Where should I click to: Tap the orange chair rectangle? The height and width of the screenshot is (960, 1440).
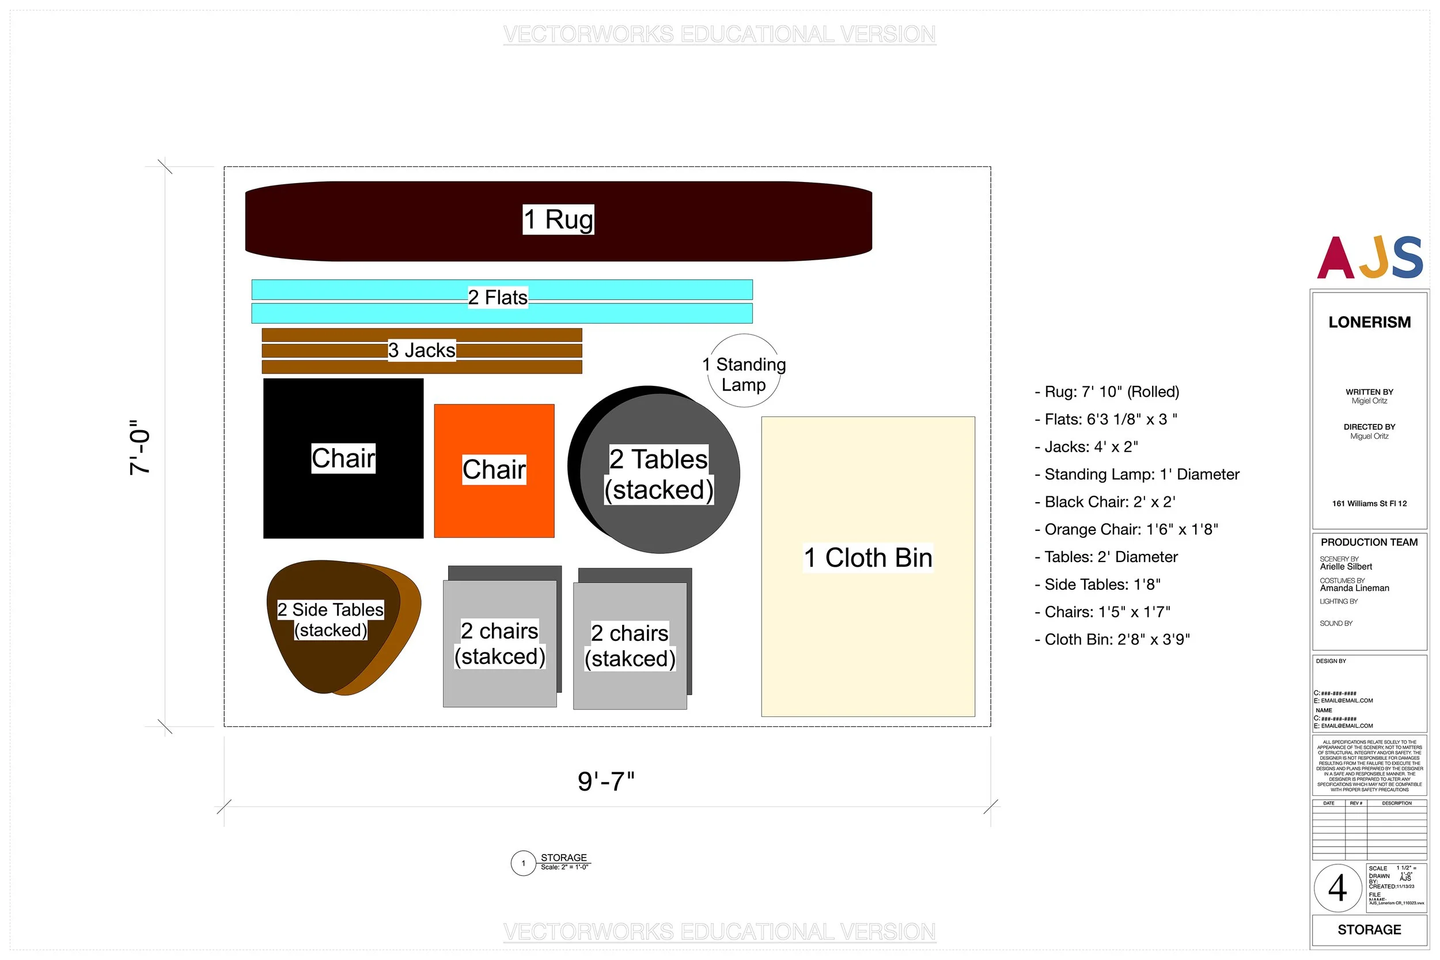point(494,508)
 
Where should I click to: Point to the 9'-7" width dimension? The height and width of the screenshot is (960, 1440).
point(606,782)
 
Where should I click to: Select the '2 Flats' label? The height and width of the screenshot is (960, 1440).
point(497,298)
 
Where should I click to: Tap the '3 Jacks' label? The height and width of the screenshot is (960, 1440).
point(421,350)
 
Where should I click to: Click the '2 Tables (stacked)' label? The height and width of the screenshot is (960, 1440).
point(659,475)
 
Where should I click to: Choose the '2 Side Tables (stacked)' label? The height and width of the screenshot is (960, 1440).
point(331,620)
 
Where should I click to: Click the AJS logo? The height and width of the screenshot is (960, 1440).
point(1369,257)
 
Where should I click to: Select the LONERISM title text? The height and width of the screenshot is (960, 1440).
point(1369,322)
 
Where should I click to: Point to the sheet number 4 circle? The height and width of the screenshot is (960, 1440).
point(1337,888)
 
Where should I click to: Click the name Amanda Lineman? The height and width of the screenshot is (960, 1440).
point(1354,588)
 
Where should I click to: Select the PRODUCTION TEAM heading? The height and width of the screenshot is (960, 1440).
point(1369,542)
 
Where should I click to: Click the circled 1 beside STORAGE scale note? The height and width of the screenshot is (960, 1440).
point(523,863)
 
